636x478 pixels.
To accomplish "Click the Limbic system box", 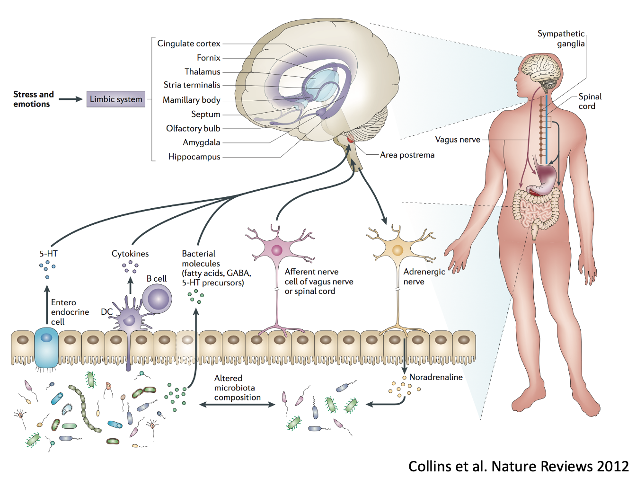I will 115,99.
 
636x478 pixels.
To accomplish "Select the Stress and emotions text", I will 33,99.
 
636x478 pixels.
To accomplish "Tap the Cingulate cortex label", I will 188,44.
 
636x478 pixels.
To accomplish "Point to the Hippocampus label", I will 194,157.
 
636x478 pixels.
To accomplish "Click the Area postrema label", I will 407,155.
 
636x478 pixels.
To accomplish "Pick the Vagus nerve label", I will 457,140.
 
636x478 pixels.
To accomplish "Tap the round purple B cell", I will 158,299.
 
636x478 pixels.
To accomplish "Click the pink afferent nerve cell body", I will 277,250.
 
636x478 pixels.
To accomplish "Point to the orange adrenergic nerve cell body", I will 397,249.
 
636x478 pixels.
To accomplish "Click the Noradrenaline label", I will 436,377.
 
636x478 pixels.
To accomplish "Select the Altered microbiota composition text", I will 237,388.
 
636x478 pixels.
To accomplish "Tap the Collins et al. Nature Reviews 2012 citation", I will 518,466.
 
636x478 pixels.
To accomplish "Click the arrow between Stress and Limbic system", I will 70,99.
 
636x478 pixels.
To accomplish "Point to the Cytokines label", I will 130,254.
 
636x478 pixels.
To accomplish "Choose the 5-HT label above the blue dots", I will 48,254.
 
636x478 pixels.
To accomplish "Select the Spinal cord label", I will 590,101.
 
